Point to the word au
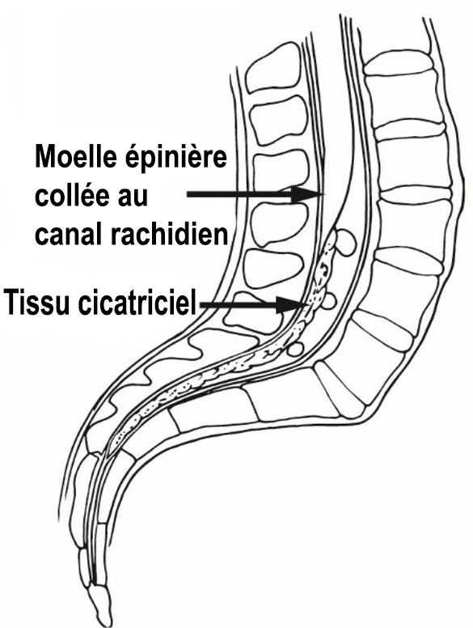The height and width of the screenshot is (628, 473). [133, 197]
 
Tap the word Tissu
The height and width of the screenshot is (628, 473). [36, 303]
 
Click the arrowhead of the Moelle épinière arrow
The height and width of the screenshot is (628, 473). [307, 195]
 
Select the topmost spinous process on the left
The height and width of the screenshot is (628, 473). [272, 68]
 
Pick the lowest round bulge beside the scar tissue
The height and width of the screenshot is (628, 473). [296, 349]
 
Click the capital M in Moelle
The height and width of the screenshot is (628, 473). [45, 157]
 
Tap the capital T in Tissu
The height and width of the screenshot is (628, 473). [12, 303]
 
